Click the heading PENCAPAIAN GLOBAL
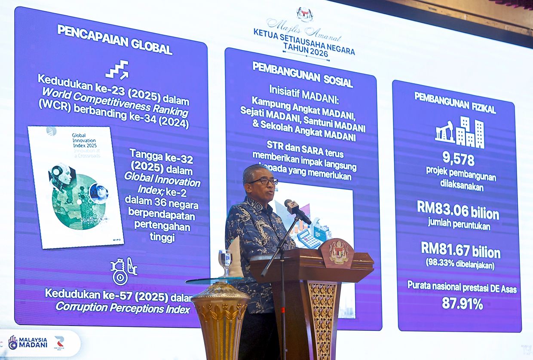pyautogui.click(x=115, y=39)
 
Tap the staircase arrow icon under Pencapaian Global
pyautogui.click(x=117, y=70)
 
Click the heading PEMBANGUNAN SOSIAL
pyautogui.click(x=302, y=74)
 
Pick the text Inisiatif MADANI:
pyautogui.click(x=303, y=92)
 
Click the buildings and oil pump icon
pyautogui.click(x=459, y=132)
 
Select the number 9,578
pyautogui.click(x=458, y=159)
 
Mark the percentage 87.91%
pyautogui.click(x=462, y=304)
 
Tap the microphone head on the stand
pyautogui.click(x=292, y=206)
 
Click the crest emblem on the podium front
pyautogui.click(x=338, y=252)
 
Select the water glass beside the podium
pyautogui.click(x=225, y=261)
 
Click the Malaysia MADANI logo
pyautogui.click(x=28, y=342)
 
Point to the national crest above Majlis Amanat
pyautogui.click(x=305, y=14)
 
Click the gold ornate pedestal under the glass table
pyautogui.click(x=221, y=320)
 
